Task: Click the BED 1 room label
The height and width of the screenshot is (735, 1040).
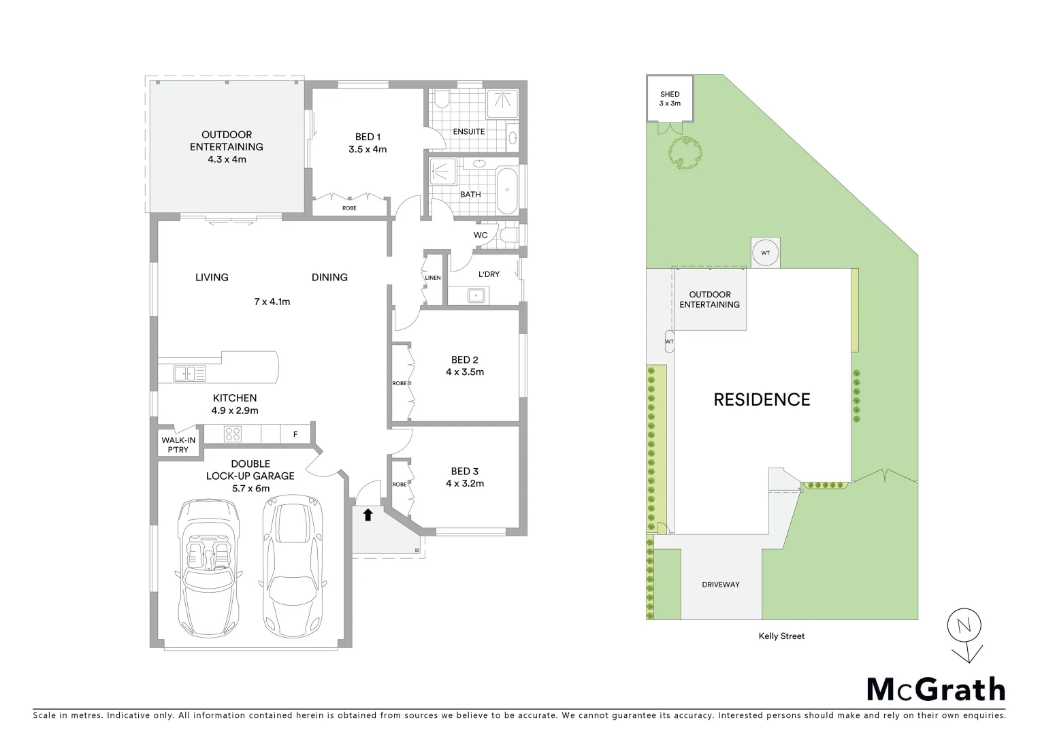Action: [370, 137]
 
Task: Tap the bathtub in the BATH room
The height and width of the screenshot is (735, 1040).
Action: [506, 191]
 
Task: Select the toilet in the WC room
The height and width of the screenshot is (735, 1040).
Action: [508, 235]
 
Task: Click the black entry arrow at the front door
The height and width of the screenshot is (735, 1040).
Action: [368, 514]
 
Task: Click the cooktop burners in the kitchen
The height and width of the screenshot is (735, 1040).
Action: [233, 434]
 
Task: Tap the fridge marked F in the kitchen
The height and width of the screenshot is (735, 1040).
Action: [295, 434]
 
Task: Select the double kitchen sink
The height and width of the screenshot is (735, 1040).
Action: [189, 373]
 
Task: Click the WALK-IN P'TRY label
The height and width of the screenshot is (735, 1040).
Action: [178, 445]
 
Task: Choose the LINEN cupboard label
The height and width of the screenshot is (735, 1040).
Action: [433, 278]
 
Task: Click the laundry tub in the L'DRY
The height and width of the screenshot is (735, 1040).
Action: [476, 295]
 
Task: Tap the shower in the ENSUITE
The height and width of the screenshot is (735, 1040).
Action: [502, 101]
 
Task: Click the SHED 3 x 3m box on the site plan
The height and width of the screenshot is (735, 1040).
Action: [669, 99]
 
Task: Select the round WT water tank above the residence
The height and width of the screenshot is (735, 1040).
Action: [765, 253]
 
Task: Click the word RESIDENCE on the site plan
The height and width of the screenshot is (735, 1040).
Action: [762, 399]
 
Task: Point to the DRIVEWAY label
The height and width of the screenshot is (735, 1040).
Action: [721, 585]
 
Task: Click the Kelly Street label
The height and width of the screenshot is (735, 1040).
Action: [781, 636]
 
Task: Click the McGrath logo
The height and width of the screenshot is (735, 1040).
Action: [935, 689]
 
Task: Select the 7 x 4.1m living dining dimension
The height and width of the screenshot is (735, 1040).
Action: [272, 301]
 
